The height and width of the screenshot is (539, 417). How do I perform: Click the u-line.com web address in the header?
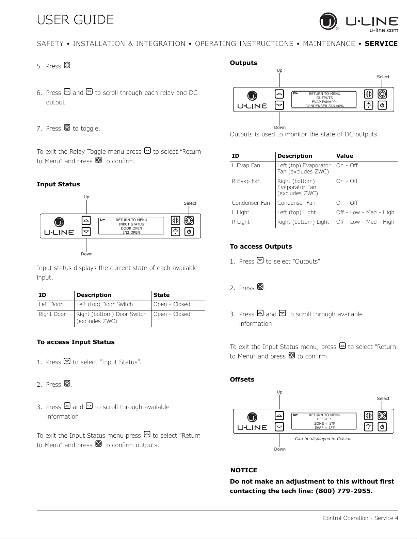point(384,30)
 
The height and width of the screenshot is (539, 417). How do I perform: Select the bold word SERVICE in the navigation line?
point(381,44)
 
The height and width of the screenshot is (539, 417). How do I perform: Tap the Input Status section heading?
point(58,184)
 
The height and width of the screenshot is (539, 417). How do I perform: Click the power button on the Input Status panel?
point(189,232)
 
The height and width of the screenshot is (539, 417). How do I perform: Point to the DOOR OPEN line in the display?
point(131,228)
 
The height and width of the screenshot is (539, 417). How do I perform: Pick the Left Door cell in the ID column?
point(50,304)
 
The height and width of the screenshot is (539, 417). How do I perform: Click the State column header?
point(161,295)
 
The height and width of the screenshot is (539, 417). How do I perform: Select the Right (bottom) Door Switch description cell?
point(111,317)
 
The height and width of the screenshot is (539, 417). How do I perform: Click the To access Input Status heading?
point(76,342)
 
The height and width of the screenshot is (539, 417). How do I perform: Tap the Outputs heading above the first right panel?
point(243,63)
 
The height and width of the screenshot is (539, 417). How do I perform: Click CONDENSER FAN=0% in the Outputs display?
point(324,106)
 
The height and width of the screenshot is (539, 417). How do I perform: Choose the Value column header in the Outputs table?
point(344,156)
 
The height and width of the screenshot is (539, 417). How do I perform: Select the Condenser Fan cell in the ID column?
point(251,203)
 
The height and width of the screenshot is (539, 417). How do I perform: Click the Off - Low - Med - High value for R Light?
point(365,222)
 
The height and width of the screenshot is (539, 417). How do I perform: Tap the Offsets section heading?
point(242,380)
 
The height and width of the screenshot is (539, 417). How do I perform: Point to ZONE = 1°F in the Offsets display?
point(324,423)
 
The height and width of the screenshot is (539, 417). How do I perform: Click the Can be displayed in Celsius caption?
point(323,439)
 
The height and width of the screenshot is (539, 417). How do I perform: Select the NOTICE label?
point(244,470)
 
